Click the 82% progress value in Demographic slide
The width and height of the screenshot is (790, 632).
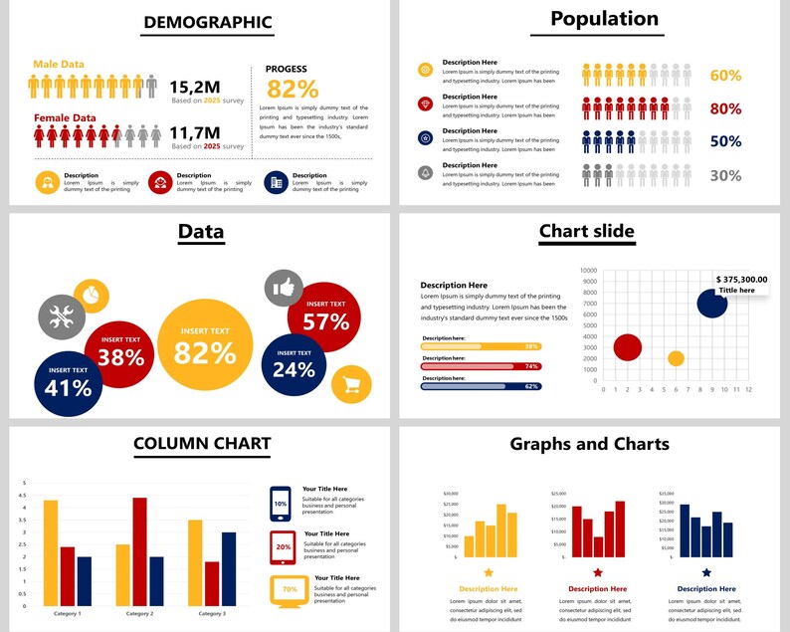click(293, 89)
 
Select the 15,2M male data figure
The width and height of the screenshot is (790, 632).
click(194, 87)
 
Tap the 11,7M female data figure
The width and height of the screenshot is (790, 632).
click(194, 132)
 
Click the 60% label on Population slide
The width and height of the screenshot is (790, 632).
click(725, 76)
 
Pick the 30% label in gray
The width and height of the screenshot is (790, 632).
click(725, 175)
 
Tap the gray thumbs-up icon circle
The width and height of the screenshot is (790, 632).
click(284, 289)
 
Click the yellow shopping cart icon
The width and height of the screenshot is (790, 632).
click(351, 384)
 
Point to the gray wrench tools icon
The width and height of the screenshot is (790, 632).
click(58, 316)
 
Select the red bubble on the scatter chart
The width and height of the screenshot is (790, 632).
click(627, 347)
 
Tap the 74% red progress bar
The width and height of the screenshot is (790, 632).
click(482, 366)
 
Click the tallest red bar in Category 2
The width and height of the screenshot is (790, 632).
click(139, 551)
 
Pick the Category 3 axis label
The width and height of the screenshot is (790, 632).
click(210, 614)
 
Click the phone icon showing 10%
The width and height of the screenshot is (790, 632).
click(281, 503)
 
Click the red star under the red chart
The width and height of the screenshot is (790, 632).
click(598, 572)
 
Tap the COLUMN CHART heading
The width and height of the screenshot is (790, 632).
click(202, 444)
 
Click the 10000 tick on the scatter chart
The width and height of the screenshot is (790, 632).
click(588, 270)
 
